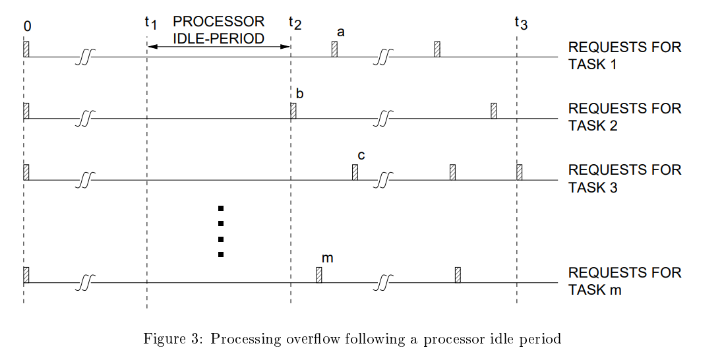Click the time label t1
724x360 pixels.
pos(150,22)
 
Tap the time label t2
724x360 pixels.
pos(295,22)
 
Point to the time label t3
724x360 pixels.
pos(520,22)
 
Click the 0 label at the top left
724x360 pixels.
pos(27,26)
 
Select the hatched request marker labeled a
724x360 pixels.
pos(334,49)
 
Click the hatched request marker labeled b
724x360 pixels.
pos(293,111)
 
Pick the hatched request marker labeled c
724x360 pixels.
pos(355,172)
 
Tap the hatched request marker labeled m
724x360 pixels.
pos(319,274)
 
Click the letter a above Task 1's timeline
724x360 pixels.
pos(340,32)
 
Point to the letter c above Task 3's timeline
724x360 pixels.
pos(361,156)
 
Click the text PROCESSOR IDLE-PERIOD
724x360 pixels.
pos(218,30)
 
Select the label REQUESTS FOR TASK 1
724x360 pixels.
pos(624,56)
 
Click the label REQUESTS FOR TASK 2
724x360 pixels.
pos(624,117)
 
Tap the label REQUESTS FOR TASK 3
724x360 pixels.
pos(624,178)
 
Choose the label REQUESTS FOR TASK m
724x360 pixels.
pos(624,281)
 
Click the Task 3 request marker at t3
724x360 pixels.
pos(520,172)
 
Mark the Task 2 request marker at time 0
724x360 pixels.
pos(26,111)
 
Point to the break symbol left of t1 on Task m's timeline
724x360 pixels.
pos(84,283)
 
